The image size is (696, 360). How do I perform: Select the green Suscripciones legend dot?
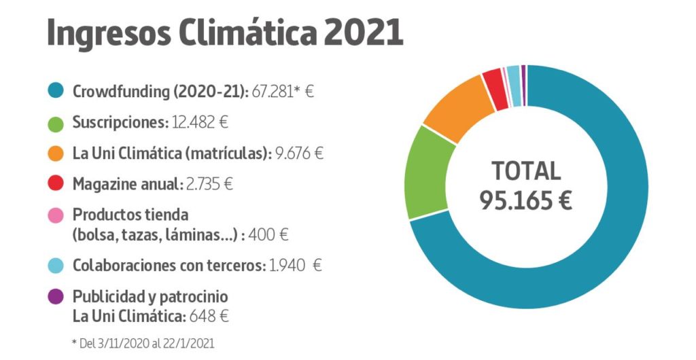[x=56, y=123]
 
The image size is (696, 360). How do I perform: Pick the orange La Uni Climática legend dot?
[x=56, y=154]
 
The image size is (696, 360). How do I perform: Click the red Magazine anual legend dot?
[x=56, y=183]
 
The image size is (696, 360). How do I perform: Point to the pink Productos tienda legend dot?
[x=56, y=215]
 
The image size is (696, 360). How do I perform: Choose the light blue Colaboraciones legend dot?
[x=56, y=265]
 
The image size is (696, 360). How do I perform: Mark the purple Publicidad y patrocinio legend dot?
[x=56, y=296]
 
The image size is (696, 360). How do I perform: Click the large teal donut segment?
[x=598, y=258]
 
